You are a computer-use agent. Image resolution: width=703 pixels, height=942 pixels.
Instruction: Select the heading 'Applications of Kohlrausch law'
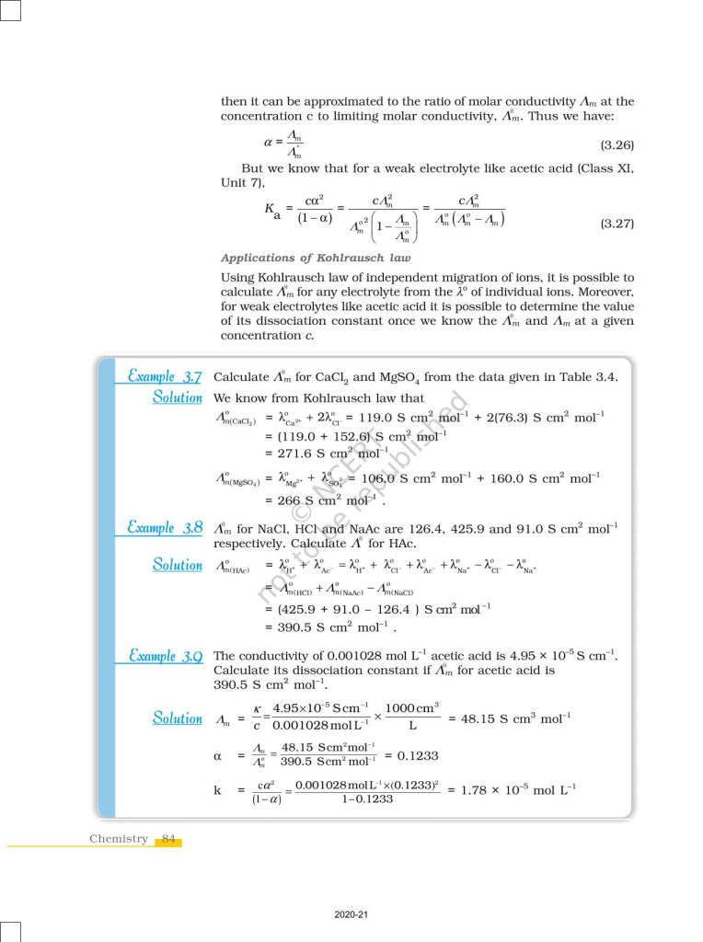(317, 258)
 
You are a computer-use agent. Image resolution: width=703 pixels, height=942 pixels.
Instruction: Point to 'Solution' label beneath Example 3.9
(178, 718)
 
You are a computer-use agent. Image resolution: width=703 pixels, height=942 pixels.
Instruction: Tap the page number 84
(168, 839)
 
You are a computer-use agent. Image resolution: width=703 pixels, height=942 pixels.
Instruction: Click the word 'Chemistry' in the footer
(119, 839)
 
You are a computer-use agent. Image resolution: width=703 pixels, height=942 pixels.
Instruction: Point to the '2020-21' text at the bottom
(351, 914)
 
